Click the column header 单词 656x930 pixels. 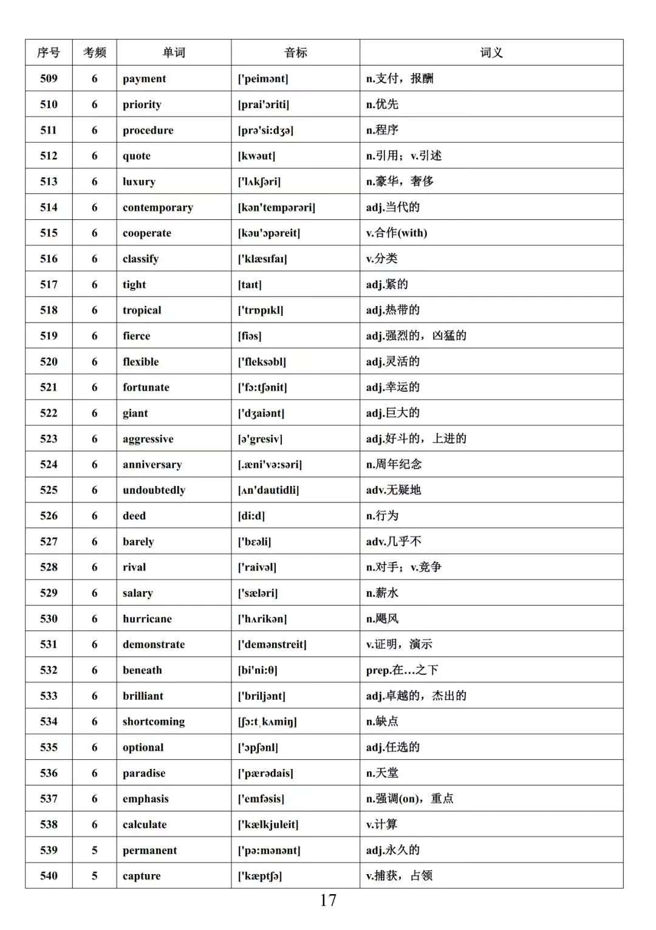click(x=174, y=53)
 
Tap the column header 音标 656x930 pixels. click(x=296, y=53)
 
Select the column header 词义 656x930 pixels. click(x=491, y=53)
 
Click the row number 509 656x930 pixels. click(x=49, y=78)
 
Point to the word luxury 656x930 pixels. click(x=139, y=182)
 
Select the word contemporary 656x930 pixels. click(x=158, y=207)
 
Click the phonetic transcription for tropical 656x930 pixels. click(x=261, y=310)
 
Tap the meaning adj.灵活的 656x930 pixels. click(x=393, y=361)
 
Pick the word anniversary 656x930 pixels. click(x=152, y=465)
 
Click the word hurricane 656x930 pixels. click(x=148, y=619)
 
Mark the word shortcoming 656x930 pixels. click(x=154, y=722)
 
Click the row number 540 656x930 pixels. click(x=49, y=876)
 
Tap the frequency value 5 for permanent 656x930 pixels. click(x=95, y=850)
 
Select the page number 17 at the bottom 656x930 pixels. click(x=328, y=900)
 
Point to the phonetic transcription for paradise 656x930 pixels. click(x=265, y=773)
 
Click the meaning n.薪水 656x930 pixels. click(x=383, y=593)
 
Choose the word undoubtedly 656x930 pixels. click(x=154, y=490)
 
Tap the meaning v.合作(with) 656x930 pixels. click(x=397, y=233)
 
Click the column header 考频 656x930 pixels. click(x=95, y=53)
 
